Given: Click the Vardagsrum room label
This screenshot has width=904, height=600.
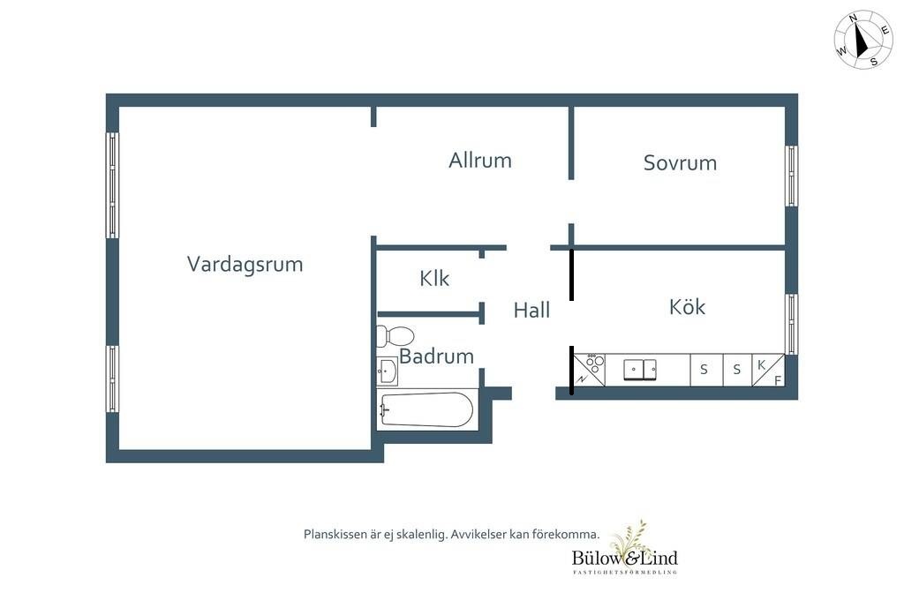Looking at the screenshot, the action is (x=245, y=265).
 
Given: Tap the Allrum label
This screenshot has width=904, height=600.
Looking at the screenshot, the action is (x=480, y=161).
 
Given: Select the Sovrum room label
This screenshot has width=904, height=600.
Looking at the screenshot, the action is (x=681, y=163).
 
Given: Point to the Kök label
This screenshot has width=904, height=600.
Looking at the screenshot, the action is (x=687, y=307).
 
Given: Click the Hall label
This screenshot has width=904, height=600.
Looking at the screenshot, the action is (x=531, y=310).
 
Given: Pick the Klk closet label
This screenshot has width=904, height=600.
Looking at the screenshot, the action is (x=434, y=279).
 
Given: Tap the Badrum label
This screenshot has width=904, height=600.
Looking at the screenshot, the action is (x=436, y=356).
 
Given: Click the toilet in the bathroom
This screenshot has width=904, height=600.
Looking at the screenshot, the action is (x=395, y=335).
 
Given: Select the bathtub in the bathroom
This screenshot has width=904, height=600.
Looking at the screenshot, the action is (x=426, y=409).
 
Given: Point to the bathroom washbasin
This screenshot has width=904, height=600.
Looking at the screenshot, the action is (x=387, y=371).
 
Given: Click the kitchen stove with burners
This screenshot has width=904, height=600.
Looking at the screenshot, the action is (x=589, y=370).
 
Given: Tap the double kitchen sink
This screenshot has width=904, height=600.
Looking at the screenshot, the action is (x=640, y=370).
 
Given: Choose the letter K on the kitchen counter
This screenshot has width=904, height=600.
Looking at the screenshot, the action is (x=761, y=364).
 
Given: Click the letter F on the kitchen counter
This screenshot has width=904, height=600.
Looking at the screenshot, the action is (x=777, y=380).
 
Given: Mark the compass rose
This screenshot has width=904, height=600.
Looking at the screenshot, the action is (x=863, y=39).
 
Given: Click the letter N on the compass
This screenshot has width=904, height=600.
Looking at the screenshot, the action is (x=854, y=19).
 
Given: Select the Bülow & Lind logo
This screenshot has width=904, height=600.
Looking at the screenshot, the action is (x=625, y=548).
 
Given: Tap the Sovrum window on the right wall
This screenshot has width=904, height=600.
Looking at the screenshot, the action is (x=792, y=176).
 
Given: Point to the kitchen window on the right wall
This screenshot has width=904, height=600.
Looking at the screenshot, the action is (x=792, y=324).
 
